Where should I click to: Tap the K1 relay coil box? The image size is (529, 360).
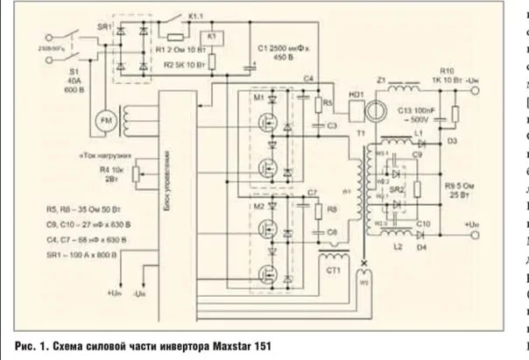click(x=211, y=37)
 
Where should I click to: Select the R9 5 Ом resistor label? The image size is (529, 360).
click(x=459, y=190)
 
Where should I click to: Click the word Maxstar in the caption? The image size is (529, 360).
click(x=208, y=346)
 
